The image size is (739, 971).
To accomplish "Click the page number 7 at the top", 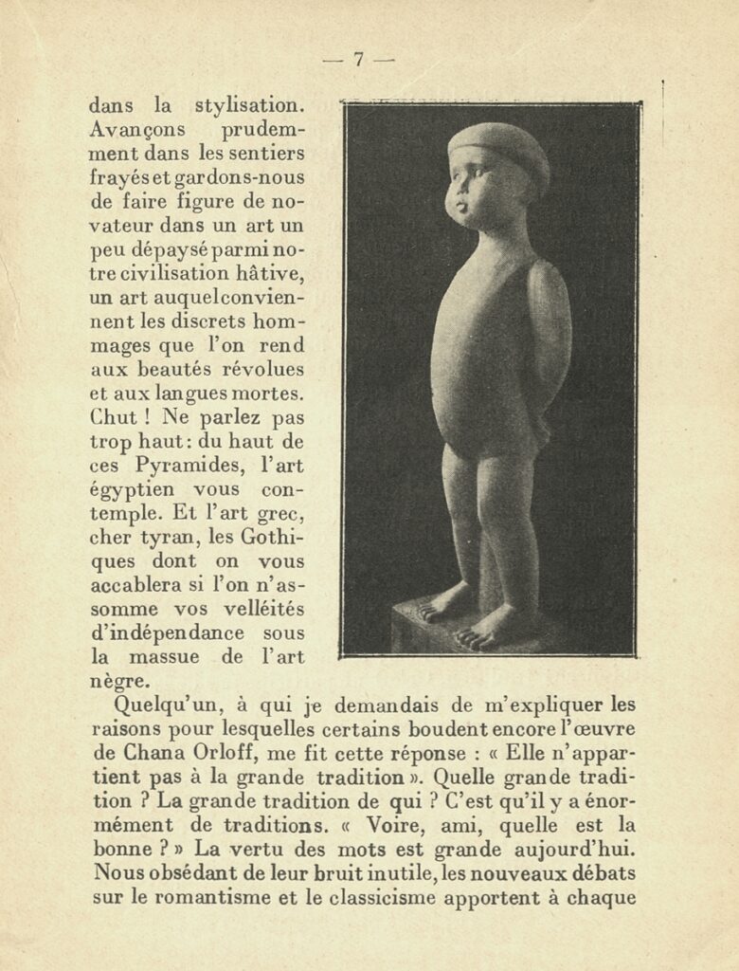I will (x=359, y=59).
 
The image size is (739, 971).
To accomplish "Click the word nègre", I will (x=117, y=681).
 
